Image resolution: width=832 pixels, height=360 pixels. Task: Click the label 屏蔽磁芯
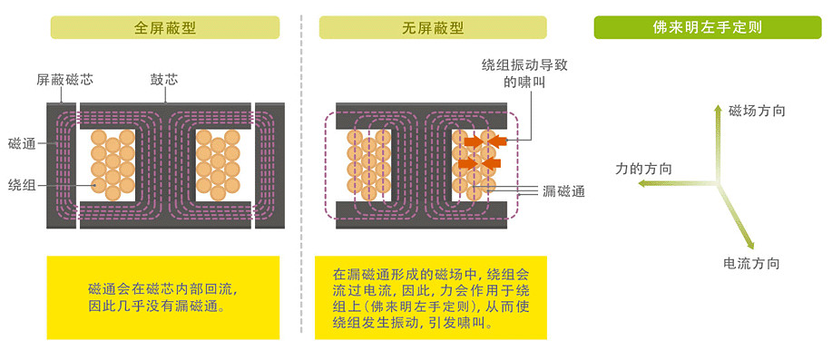click(64, 80)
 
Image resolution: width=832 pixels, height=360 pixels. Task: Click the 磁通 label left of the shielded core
click(22, 143)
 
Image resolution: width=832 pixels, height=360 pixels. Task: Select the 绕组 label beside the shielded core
click(22, 184)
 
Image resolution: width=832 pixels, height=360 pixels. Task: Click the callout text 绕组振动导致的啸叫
click(524, 73)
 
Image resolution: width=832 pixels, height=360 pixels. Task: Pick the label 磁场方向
click(757, 111)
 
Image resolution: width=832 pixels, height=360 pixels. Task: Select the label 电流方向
click(751, 263)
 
